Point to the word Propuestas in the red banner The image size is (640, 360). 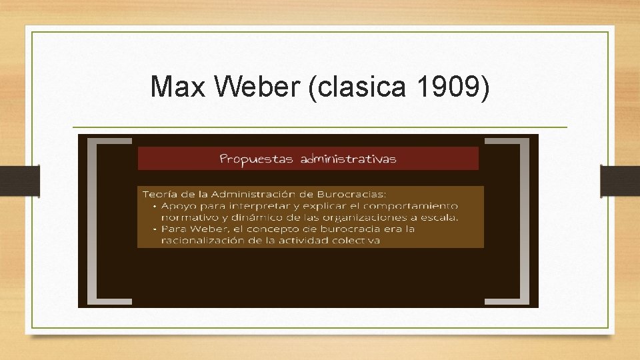(257, 159)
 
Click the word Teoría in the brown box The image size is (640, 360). (160, 194)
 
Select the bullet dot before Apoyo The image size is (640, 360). (153, 206)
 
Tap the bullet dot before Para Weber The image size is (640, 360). (153, 229)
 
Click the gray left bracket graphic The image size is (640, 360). (100, 220)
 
